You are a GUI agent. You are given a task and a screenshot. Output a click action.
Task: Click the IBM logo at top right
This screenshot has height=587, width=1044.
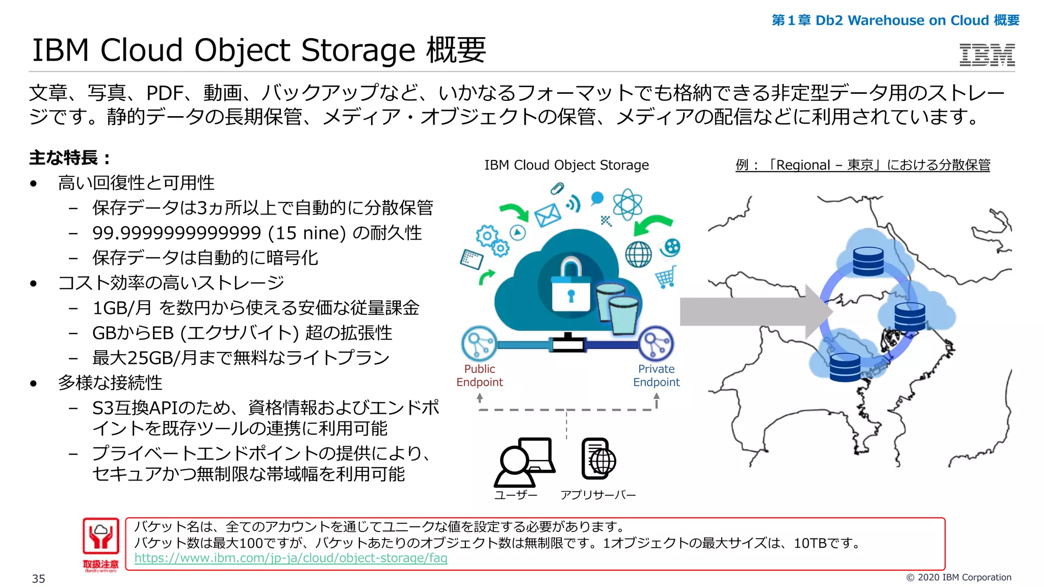pyautogui.click(x=987, y=55)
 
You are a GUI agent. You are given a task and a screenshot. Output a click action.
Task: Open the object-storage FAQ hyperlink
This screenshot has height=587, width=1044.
pyautogui.click(x=291, y=558)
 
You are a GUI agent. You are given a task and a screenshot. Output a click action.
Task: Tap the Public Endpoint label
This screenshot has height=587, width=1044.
pyautogui.click(x=479, y=376)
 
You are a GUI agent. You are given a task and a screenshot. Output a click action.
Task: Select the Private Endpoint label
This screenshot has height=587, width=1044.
pyautogui.click(x=656, y=376)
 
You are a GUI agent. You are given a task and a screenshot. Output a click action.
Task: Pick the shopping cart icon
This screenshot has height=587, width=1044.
pyautogui.click(x=666, y=277)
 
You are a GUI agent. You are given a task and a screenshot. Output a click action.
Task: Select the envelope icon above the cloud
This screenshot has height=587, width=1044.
pyautogui.click(x=547, y=215)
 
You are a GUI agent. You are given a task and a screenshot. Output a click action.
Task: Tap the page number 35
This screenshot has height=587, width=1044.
pyautogui.click(x=39, y=579)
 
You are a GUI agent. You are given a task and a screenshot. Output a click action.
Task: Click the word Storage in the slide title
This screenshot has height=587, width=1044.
pyautogui.click(x=358, y=50)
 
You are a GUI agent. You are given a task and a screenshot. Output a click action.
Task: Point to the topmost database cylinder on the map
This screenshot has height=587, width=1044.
pyautogui.click(x=868, y=261)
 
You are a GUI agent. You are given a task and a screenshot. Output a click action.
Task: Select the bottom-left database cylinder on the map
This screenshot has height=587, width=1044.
pyautogui.click(x=845, y=367)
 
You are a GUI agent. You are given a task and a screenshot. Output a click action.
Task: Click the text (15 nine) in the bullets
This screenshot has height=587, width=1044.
pyautogui.click(x=307, y=233)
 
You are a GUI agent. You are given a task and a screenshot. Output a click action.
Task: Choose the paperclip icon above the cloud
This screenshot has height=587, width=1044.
pyautogui.click(x=557, y=189)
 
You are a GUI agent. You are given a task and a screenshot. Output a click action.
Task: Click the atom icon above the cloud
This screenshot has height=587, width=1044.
pyautogui.click(x=627, y=204)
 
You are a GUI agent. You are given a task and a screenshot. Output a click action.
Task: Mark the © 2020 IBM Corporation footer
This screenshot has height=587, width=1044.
pyautogui.click(x=958, y=577)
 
